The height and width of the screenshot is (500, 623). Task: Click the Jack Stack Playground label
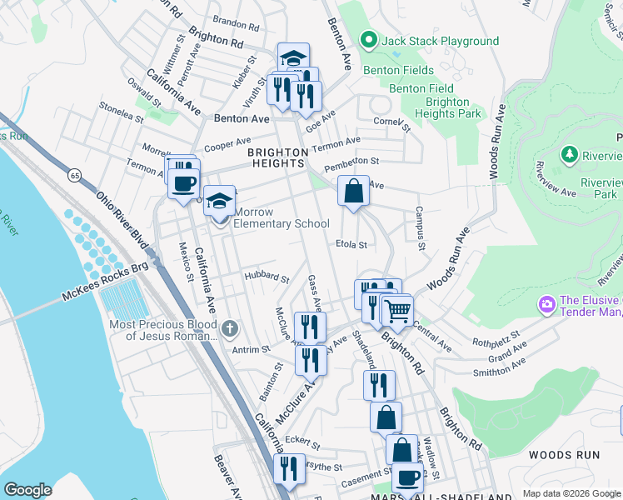pyautogui.click(x=441, y=41)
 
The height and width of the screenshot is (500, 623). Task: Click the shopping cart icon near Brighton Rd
pyautogui.click(x=397, y=311)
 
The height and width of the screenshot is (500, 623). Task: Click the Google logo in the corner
pyautogui.click(x=27, y=490)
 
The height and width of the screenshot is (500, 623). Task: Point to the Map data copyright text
pyautogui.click(x=571, y=493)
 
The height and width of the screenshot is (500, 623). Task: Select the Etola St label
pyautogui.click(x=351, y=245)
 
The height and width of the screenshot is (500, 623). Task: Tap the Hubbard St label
pyautogui.click(x=267, y=277)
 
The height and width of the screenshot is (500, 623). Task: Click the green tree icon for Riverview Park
pyautogui.click(x=570, y=153)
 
